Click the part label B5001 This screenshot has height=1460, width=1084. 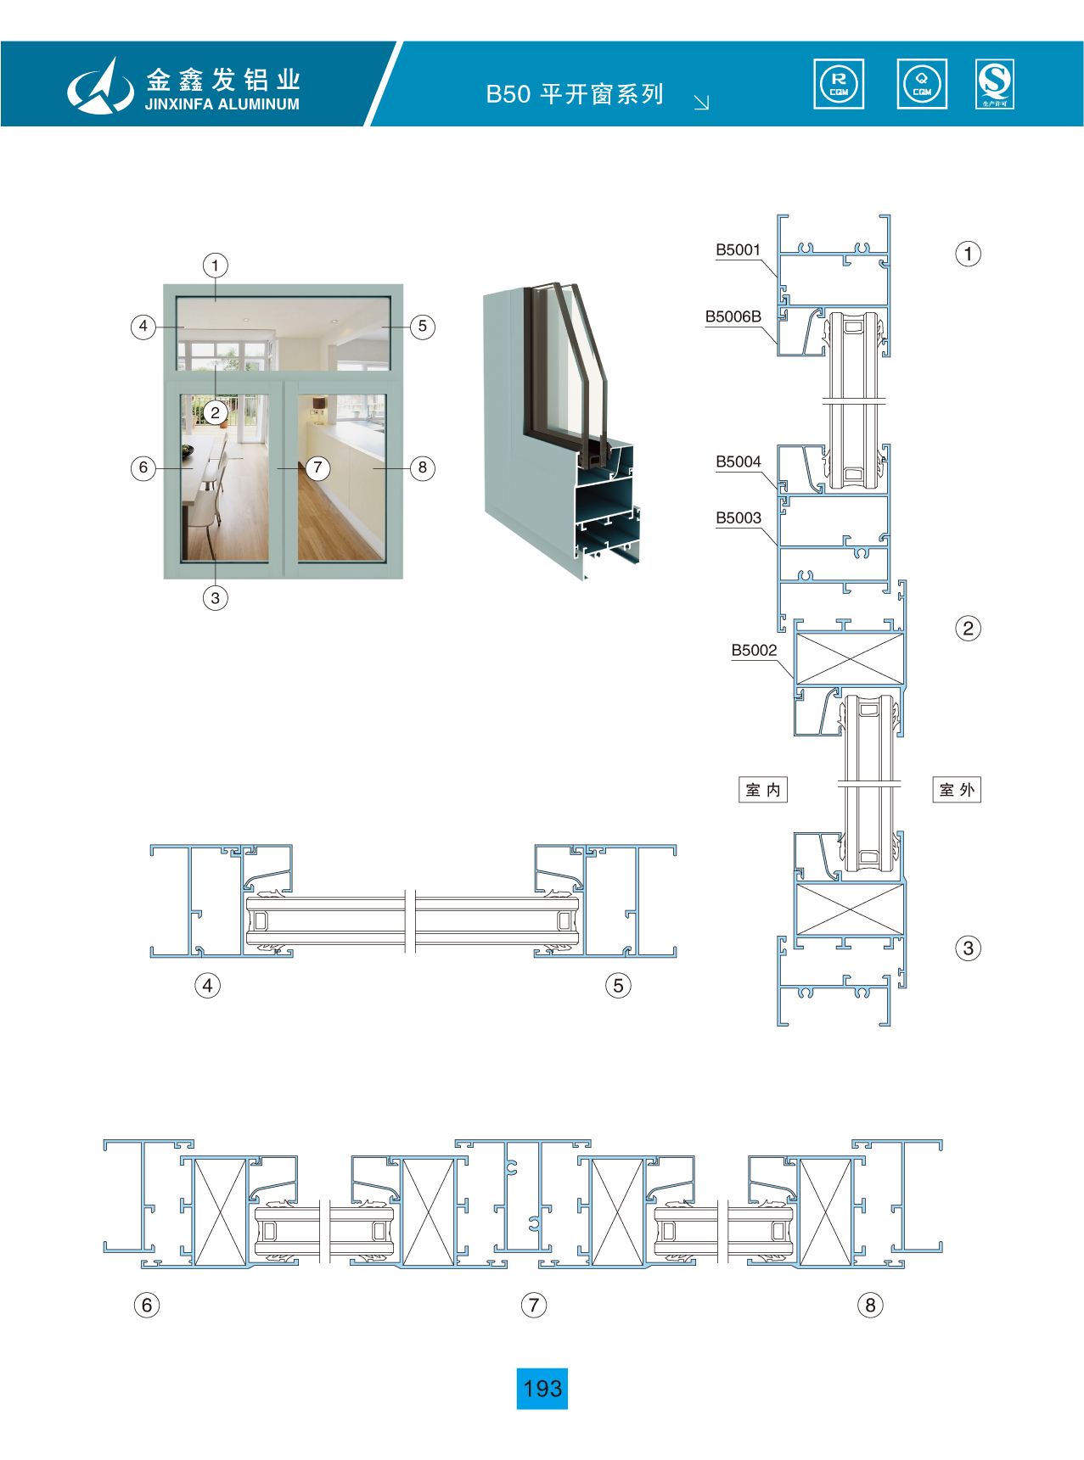pos(738,249)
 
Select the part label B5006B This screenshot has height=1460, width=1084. pos(733,316)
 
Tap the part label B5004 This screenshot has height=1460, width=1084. pos(738,461)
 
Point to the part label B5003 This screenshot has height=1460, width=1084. pos(738,517)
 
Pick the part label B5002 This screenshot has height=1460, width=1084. pos(754,650)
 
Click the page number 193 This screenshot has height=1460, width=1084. pos(542,1389)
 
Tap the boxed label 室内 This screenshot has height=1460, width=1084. pos(763,790)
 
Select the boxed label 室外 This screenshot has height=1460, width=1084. pos(957,790)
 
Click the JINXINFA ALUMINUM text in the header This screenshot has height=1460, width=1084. pos(222,104)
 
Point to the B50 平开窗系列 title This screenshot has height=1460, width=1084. pos(575,93)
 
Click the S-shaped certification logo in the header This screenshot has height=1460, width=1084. pos(995,84)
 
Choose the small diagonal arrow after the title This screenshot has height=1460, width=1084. pos(701,103)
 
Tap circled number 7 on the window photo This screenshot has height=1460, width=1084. pos(317,467)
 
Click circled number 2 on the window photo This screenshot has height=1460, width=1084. pos(216,412)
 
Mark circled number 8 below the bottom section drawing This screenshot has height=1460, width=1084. pos(870,1305)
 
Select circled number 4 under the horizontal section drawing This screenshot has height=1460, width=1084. pos(207,985)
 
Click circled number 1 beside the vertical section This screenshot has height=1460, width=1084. pos(968,254)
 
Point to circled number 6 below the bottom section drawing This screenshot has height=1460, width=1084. pos(147,1305)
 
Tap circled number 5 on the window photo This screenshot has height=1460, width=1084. pos(423,327)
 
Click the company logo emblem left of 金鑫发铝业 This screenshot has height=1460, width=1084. pos(100,86)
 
